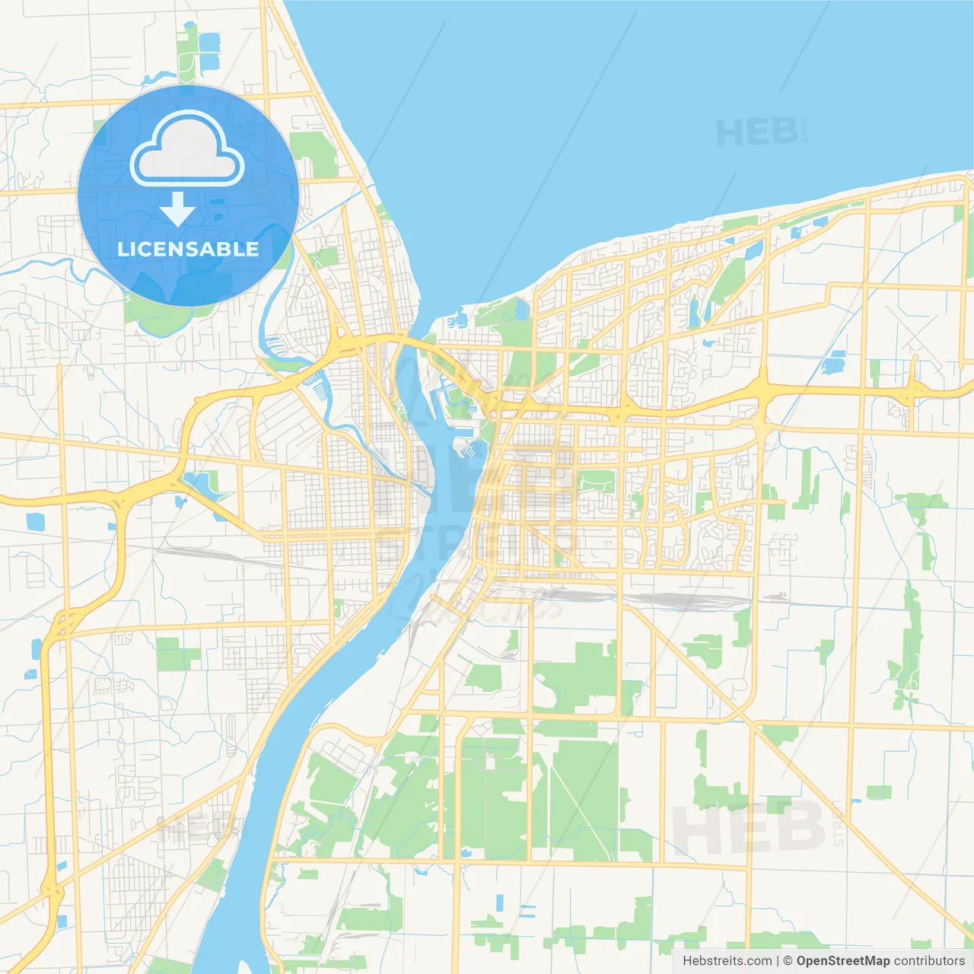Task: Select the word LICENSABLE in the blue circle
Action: point(188,249)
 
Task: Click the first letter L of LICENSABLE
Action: point(122,249)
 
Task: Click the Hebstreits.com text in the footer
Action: point(727,961)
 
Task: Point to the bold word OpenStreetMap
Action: point(843,961)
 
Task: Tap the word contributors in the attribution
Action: point(929,961)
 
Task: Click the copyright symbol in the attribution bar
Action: point(788,961)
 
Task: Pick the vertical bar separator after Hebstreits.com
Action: point(778,961)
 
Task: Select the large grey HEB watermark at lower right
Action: point(750,828)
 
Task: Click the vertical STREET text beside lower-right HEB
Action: point(839,823)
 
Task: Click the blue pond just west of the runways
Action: point(835,364)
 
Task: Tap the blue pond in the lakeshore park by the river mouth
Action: point(520,309)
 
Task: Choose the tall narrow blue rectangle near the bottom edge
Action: point(500,903)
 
